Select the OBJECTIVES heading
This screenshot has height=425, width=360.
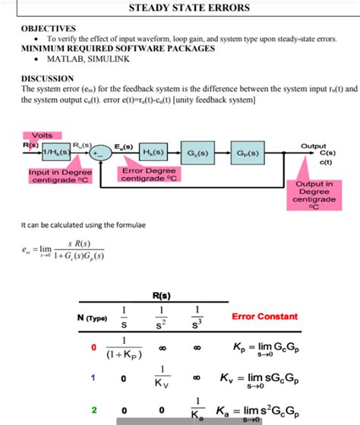pyautogui.click(x=49, y=27)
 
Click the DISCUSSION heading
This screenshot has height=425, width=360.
pyautogui.click(x=47, y=78)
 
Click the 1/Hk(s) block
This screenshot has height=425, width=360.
pyautogui.click(x=56, y=154)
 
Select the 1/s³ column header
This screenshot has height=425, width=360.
pyautogui.click(x=197, y=316)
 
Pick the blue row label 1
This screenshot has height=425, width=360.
pyautogui.click(x=93, y=377)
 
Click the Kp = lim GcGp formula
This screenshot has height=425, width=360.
pyautogui.click(x=264, y=350)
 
